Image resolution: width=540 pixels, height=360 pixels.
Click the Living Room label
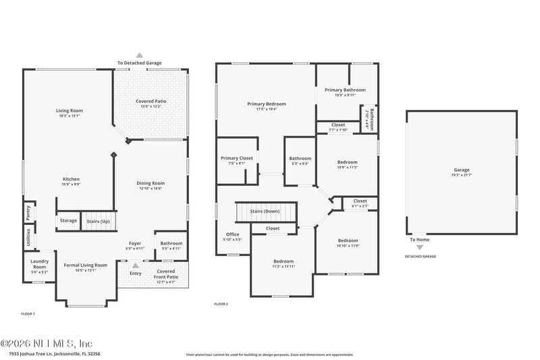click(69, 111)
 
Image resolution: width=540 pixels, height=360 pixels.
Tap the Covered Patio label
click(151, 101)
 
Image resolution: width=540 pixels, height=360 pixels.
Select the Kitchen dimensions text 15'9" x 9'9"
click(72, 184)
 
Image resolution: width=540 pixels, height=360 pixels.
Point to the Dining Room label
click(151, 183)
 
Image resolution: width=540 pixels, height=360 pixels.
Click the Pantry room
click(28, 211)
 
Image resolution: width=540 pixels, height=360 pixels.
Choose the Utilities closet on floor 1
click(28, 238)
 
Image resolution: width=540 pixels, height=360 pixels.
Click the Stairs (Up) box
click(99, 220)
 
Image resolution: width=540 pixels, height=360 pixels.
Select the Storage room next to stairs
click(68, 220)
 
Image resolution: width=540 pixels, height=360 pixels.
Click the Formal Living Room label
click(85, 265)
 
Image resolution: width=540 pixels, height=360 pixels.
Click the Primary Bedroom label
click(266, 104)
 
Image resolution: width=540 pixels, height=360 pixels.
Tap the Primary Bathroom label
click(345, 90)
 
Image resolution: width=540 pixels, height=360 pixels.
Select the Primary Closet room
click(236, 159)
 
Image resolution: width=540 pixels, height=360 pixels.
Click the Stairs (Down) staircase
click(265, 211)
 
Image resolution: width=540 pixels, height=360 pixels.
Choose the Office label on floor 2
click(232, 234)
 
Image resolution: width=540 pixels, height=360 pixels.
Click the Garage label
click(462, 170)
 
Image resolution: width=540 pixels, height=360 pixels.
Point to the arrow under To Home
click(419, 248)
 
